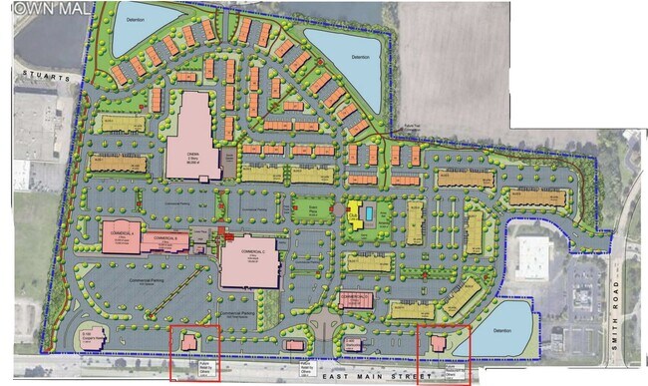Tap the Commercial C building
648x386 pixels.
(247, 263)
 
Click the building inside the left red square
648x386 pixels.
(188, 342)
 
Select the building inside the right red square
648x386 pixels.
(438, 342)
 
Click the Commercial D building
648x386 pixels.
(355, 299)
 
